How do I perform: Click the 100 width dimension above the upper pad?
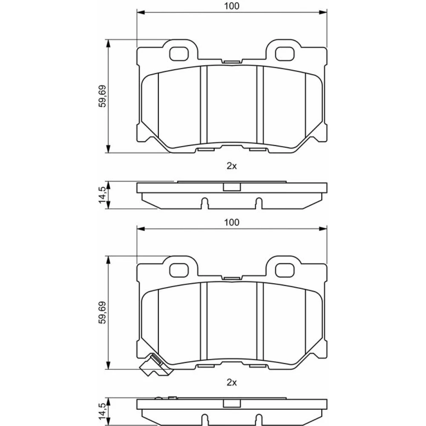coord(231,6)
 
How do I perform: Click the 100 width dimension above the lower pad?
coord(231,222)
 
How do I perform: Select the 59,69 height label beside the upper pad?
coord(103,96)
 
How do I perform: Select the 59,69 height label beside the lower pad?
coord(103,312)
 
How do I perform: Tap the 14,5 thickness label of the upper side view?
coord(102,195)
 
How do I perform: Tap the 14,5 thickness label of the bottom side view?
coord(102,412)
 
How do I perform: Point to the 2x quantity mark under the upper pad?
coord(232,166)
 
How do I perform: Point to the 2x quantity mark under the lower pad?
coord(232,383)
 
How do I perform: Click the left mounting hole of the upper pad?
coord(179,54)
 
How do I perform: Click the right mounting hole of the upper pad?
coord(285,54)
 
